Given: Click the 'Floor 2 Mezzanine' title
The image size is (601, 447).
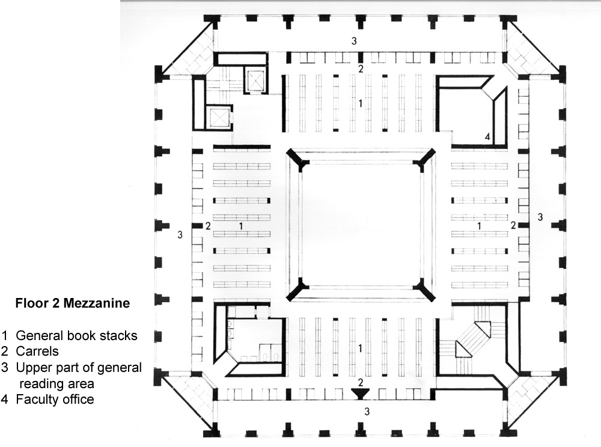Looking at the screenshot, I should click(x=72, y=303).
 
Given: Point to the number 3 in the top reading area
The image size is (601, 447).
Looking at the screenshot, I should click(x=355, y=41).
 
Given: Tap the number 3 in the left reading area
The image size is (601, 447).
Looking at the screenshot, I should click(x=180, y=235).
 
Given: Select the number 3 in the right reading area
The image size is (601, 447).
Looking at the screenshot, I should click(x=540, y=216).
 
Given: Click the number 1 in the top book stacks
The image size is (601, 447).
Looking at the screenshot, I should click(x=361, y=103).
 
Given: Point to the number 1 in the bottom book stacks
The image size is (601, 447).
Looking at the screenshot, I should click(x=361, y=348).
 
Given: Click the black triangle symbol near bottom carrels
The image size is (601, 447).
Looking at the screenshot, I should click(x=361, y=394).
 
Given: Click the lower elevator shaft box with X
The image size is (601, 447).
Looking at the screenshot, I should click(x=219, y=117).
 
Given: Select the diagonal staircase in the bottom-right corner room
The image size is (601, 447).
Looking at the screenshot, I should click(x=473, y=339).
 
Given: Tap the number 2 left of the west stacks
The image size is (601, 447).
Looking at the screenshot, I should click(x=208, y=226).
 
